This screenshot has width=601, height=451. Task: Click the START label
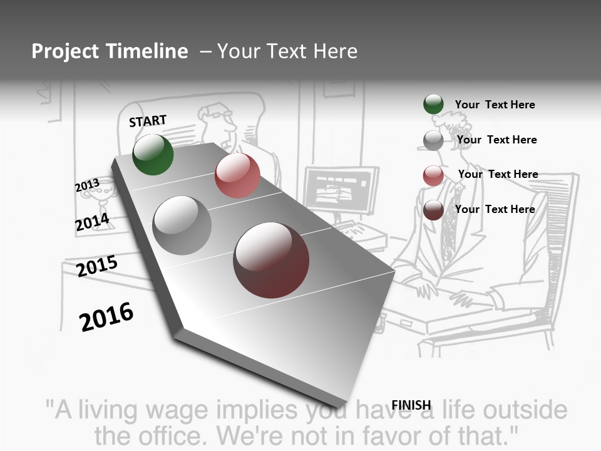[148, 121]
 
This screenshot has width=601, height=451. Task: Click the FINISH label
[411, 405]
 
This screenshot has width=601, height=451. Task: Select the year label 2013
[87, 185]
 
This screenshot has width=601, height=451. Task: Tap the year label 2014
[92, 222]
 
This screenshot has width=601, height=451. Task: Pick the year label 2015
[97, 266]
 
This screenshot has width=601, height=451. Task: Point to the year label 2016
[106, 317]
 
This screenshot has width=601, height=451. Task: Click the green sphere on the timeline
[153, 154]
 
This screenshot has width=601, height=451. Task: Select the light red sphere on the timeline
[237, 175]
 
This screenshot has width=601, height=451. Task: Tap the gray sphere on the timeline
[182, 225]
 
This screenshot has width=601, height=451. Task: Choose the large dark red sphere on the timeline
[271, 260]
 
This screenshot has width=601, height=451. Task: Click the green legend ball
[433, 105]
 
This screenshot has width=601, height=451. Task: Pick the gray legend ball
[433, 140]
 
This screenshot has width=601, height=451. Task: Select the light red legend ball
[433, 175]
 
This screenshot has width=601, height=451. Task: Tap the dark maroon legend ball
[433, 210]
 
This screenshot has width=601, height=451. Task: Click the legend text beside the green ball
[495, 105]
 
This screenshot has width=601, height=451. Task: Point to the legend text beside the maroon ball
[495, 209]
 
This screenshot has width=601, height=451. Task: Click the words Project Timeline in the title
[110, 51]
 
